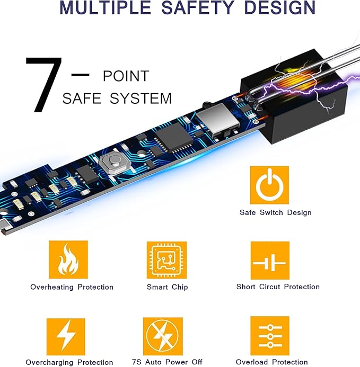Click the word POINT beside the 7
pos(126,76)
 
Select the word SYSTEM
pos(141,98)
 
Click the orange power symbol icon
pos(269,185)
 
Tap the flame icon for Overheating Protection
pos(68,259)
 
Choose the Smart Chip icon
pos(166,260)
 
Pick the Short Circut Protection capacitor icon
pos(270,261)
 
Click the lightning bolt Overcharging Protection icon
pos(66,337)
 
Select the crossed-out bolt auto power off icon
pos(163,336)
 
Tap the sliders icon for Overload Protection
pos(270,336)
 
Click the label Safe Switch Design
pos(276,212)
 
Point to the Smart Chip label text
pos(168,287)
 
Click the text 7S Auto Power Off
pos(167,362)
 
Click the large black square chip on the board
pos(174,138)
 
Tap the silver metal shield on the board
pos(218,119)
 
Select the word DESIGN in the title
pos(279,7)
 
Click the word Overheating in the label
pos(52,287)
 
